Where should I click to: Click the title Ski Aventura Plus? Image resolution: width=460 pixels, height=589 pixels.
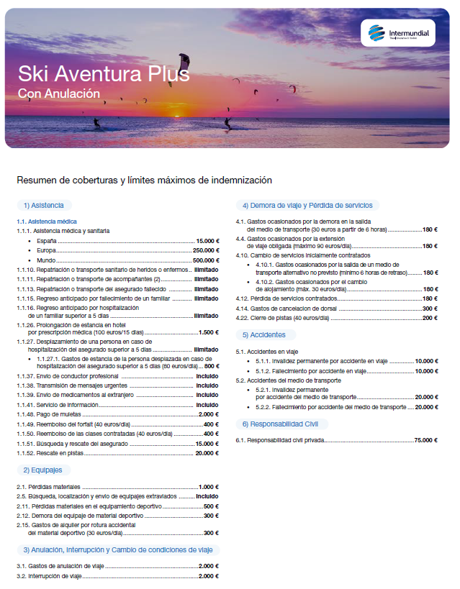coord(104,73)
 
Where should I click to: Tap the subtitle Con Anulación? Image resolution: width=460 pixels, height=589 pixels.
coord(59,93)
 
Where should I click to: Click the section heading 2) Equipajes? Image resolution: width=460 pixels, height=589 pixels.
coord(43,470)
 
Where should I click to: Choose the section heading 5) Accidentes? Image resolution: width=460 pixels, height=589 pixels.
coord(264,335)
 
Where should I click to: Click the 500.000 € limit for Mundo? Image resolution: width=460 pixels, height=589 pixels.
coord(205,260)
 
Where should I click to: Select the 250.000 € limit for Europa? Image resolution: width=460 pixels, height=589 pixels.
coord(205,250)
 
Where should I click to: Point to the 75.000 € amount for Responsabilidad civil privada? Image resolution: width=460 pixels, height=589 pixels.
coord(425,440)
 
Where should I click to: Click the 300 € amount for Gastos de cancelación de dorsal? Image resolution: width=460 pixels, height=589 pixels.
coord(430,308)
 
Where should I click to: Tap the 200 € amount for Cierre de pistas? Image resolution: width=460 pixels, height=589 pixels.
coord(430,318)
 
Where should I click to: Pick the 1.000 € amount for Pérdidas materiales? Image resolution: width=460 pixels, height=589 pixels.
coord(207,487)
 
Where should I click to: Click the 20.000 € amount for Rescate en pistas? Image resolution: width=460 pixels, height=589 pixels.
coord(207,453)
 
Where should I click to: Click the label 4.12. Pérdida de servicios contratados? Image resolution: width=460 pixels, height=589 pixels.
coord(287,298)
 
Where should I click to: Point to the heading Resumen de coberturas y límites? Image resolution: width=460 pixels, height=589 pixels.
coord(144,179)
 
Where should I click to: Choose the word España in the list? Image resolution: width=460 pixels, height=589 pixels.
coord(46,240)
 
